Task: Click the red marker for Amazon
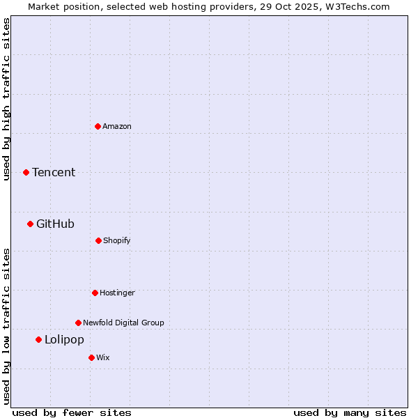point(98,126)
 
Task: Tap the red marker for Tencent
point(26,172)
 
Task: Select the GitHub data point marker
point(30,224)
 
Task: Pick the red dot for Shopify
point(98,240)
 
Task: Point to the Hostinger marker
point(95,293)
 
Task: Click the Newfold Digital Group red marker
point(78,323)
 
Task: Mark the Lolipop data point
point(38,339)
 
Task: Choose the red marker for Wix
point(91,357)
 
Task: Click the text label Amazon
point(117,126)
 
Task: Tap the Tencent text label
point(54,172)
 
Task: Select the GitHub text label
point(55,224)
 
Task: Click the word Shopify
point(117,240)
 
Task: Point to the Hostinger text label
point(117,293)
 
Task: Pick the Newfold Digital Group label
point(123,323)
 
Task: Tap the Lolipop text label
point(64,339)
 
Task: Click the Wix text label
point(103,357)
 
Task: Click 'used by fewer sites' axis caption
point(72,412)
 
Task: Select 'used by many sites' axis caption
point(350,412)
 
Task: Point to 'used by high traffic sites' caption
point(6,99)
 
